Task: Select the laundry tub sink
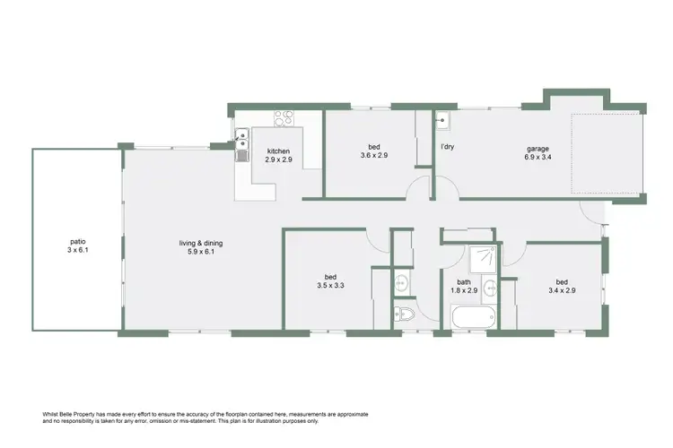[x=443, y=119]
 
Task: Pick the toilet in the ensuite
[x=405, y=314]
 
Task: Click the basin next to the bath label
[x=490, y=288]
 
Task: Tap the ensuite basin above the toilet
[x=403, y=284]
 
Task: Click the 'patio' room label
[x=78, y=241]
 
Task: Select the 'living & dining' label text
[x=200, y=242]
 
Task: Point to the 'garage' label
[x=538, y=149]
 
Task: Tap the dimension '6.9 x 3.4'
[x=538, y=159]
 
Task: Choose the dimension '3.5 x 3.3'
[x=330, y=287]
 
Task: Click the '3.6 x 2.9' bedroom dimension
[x=374, y=157]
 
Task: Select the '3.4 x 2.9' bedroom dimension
[x=561, y=290]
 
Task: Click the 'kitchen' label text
[x=279, y=150]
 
